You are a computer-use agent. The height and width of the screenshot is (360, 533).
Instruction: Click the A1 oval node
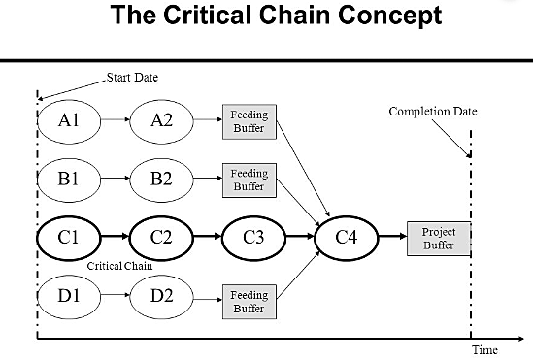68,120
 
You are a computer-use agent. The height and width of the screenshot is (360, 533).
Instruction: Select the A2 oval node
163,120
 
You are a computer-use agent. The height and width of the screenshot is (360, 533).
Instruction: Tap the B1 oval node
68,179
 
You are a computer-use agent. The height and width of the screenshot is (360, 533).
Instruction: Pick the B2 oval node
163,179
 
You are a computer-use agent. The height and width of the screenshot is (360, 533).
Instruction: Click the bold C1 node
68,236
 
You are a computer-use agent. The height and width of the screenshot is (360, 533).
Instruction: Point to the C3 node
253,236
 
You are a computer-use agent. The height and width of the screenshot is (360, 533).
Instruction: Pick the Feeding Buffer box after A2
249,121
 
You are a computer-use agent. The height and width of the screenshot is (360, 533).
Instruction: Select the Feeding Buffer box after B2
249,180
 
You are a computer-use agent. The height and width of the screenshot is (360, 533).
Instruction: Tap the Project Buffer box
439,238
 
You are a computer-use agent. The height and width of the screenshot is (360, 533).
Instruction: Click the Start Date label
131,78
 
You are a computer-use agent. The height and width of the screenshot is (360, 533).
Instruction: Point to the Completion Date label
432,112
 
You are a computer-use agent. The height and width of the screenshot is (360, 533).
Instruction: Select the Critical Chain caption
119,264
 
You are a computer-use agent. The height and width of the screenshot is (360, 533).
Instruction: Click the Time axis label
484,349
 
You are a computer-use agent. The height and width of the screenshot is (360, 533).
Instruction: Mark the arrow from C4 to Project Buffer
392,236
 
